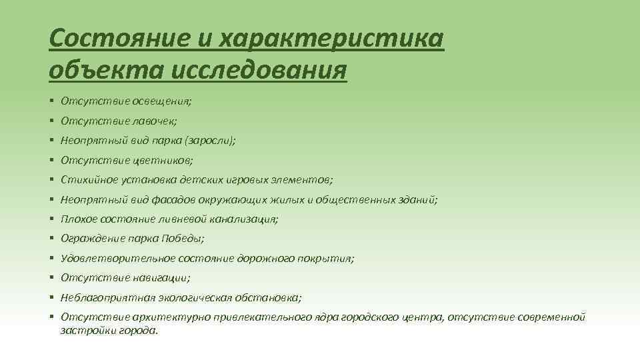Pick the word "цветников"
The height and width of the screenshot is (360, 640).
coord(165,160)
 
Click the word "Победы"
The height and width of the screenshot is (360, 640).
coord(183,238)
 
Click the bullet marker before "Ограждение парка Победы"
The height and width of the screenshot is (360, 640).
coord(51,238)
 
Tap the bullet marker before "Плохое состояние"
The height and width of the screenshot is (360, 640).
coord(51,219)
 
